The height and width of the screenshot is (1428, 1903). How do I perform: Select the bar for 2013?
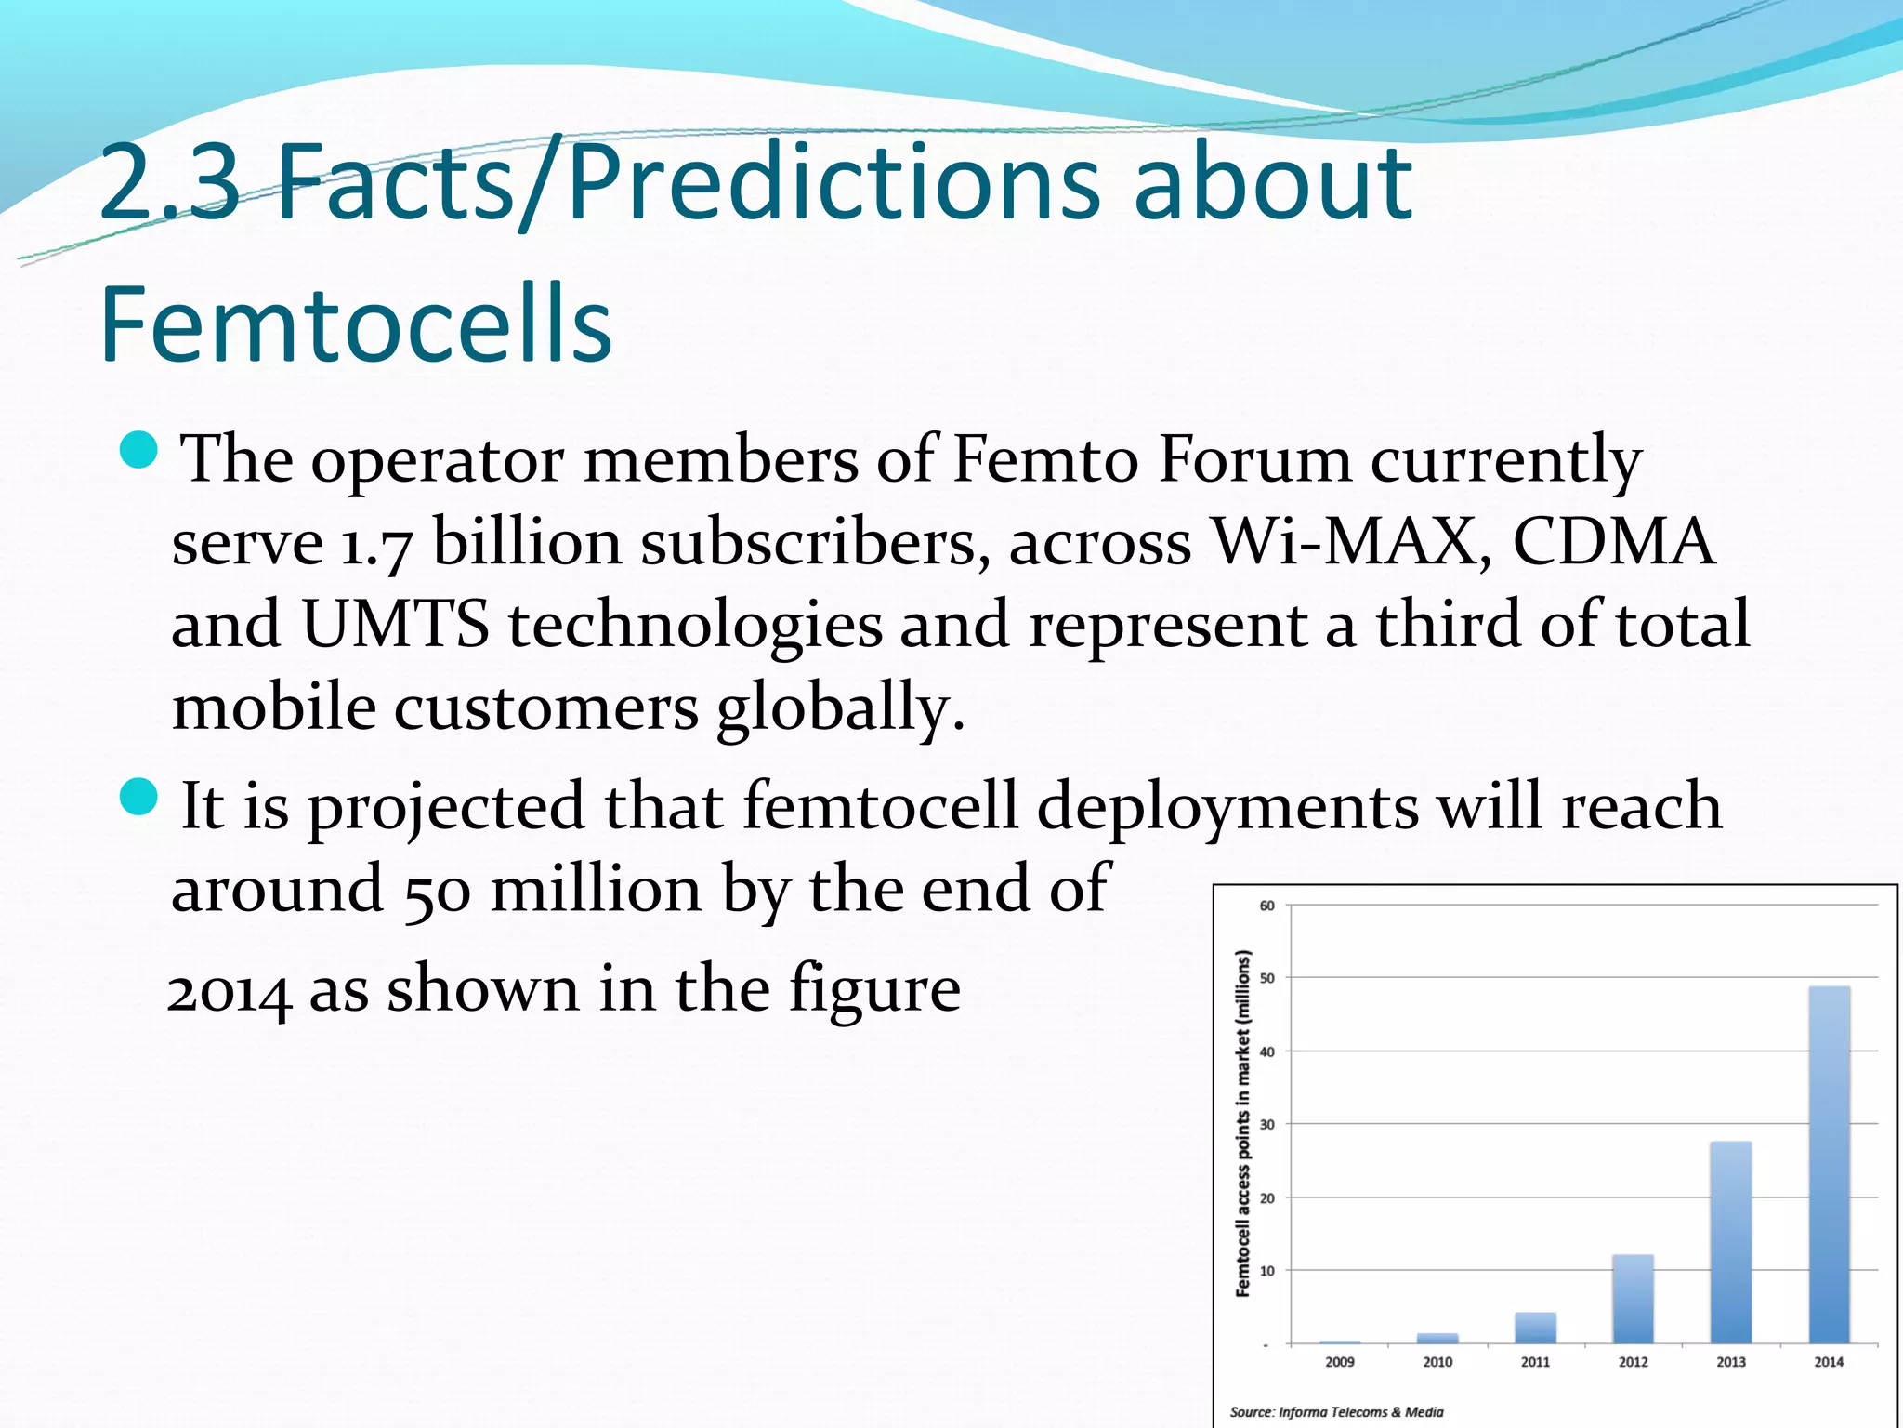(x=1730, y=1242)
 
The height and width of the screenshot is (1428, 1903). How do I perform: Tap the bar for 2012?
(x=1633, y=1299)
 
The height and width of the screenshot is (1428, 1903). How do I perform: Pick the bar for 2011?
(x=1535, y=1328)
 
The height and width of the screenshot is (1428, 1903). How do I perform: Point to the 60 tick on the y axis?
(x=1267, y=906)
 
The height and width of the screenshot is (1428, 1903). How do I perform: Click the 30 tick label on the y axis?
(x=1267, y=1124)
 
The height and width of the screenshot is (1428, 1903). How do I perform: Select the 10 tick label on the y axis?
(x=1267, y=1271)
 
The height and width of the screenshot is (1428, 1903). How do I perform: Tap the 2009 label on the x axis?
(x=1339, y=1362)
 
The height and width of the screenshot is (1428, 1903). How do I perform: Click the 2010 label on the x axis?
(x=1437, y=1362)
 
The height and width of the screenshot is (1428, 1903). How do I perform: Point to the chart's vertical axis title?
(x=1243, y=1123)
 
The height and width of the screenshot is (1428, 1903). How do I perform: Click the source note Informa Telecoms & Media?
(x=1336, y=1412)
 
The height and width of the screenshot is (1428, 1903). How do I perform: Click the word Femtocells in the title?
(x=355, y=324)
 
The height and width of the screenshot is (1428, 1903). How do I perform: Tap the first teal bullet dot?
(x=140, y=449)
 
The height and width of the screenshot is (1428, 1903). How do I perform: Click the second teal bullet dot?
(x=140, y=797)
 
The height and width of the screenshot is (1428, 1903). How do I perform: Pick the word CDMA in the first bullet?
(x=1613, y=542)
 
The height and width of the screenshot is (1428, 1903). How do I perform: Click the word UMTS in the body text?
(x=396, y=625)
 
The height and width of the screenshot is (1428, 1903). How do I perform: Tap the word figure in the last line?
(x=874, y=989)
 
